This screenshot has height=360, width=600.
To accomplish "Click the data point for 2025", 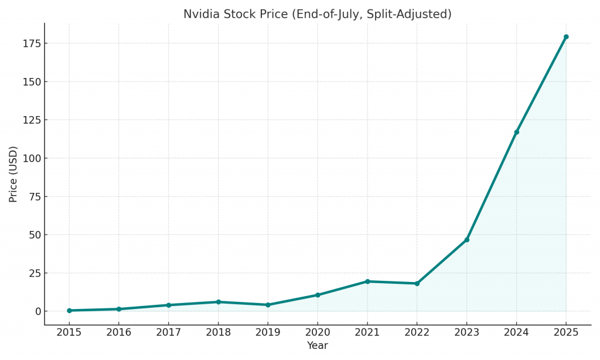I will (x=566, y=37).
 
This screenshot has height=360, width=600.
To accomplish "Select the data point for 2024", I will (x=516, y=132).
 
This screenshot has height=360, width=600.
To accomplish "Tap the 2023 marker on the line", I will (x=466, y=240).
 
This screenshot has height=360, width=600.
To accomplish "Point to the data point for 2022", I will (x=417, y=283).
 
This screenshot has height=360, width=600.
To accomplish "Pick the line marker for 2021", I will (x=367, y=281).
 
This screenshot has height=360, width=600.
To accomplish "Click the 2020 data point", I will (x=318, y=295).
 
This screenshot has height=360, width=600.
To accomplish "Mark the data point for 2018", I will (x=218, y=302).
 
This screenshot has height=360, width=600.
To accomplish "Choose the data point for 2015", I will (x=69, y=310).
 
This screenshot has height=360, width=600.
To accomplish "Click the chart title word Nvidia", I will (x=200, y=14).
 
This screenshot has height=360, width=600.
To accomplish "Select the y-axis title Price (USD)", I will (x=13, y=174).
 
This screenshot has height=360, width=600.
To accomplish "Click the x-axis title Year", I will (x=318, y=346).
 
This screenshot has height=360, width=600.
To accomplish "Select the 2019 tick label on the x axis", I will (x=268, y=332).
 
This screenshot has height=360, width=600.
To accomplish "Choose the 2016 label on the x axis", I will (x=119, y=332).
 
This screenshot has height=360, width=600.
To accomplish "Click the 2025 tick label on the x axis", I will (x=566, y=332).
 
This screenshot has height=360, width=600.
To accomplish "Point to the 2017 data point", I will (x=168, y=305).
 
